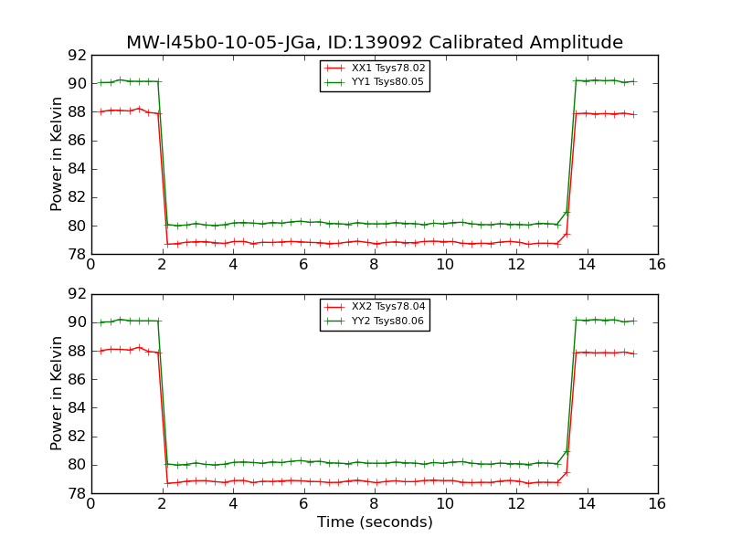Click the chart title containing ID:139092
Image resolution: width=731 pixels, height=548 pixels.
pos(375,43)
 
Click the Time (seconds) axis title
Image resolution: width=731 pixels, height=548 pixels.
pos(375,522)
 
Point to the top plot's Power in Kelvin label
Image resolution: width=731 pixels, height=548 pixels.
pos(57,154)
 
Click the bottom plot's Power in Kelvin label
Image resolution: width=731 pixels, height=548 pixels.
pos(57,393)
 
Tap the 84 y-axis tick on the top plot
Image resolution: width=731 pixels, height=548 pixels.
pos(77,169)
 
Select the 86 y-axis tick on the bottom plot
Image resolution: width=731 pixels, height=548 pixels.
pos(77,380)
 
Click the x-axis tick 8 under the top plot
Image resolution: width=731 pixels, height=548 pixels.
pos(375,265)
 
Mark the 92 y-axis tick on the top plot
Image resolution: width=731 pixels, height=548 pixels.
pos(77,55)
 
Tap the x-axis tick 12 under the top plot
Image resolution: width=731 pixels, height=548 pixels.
pos(516,265)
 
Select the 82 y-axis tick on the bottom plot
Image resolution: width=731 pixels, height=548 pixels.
pos(77,437)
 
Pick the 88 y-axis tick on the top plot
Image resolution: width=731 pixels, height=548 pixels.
pos(77,112)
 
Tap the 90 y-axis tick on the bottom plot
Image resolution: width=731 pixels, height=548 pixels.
pos(77,322)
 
